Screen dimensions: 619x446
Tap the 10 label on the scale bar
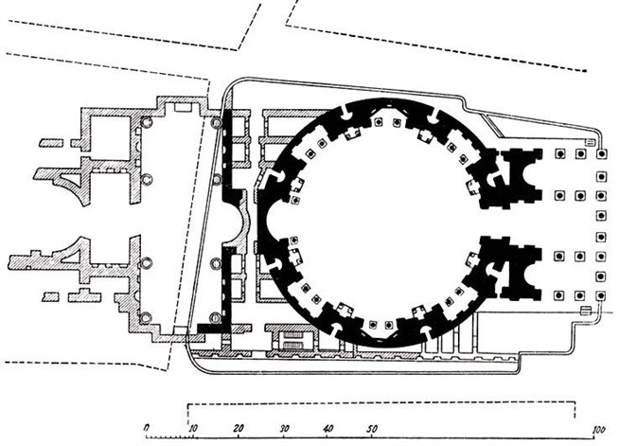coord(193,428)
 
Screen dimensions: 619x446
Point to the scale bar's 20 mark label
coord(239,428)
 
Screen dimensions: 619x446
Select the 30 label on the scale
coord(284,429)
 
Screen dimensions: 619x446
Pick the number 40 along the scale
coord(328,429)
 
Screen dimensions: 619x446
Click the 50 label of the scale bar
coord(371,429)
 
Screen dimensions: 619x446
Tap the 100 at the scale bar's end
coord(599,430)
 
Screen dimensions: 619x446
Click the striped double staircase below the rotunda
coord(292,340)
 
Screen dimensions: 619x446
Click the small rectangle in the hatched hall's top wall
coord(183,107)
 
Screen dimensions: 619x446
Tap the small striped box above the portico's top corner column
coord(591,142)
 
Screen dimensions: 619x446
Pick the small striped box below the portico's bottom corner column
coord(587,311)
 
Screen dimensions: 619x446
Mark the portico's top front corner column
coord(601,154)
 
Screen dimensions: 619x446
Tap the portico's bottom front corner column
coord(601,295)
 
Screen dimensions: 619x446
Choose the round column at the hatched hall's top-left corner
coord(147,122)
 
